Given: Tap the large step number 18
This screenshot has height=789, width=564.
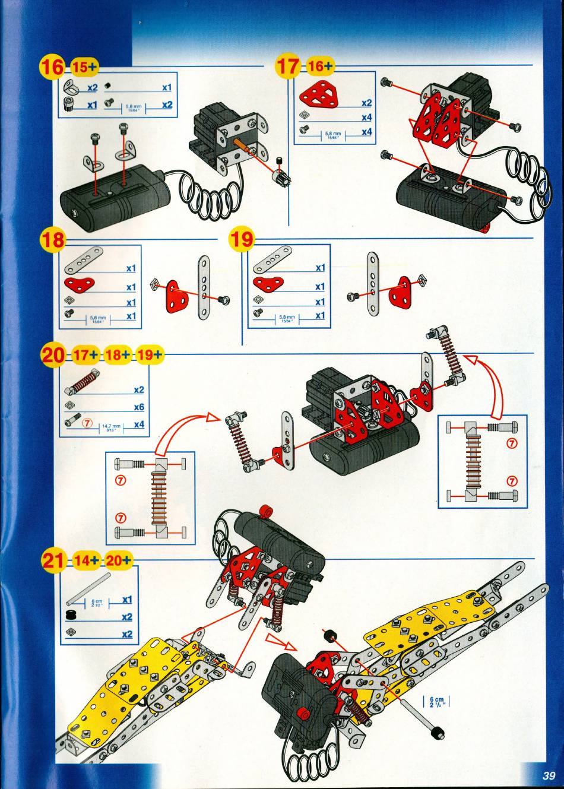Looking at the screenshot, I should click(52, 240).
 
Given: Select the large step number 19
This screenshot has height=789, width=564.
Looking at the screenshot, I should click(241, 240).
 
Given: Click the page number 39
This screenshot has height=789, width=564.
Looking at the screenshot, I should click(548, 775).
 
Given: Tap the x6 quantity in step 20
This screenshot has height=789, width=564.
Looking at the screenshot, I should click(138, 407).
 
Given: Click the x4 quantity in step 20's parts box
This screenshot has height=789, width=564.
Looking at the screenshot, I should click(139, 424).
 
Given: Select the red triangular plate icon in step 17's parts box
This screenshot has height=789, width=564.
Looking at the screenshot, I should click(317, 94).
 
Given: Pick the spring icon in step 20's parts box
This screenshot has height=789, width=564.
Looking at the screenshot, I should click(83, 381).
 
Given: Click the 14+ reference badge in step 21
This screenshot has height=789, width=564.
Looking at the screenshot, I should click(87, 560).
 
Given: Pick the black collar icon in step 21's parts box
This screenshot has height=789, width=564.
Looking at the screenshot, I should click(74, 616).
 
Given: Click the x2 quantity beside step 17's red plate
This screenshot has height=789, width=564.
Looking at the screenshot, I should click(366, 103).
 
